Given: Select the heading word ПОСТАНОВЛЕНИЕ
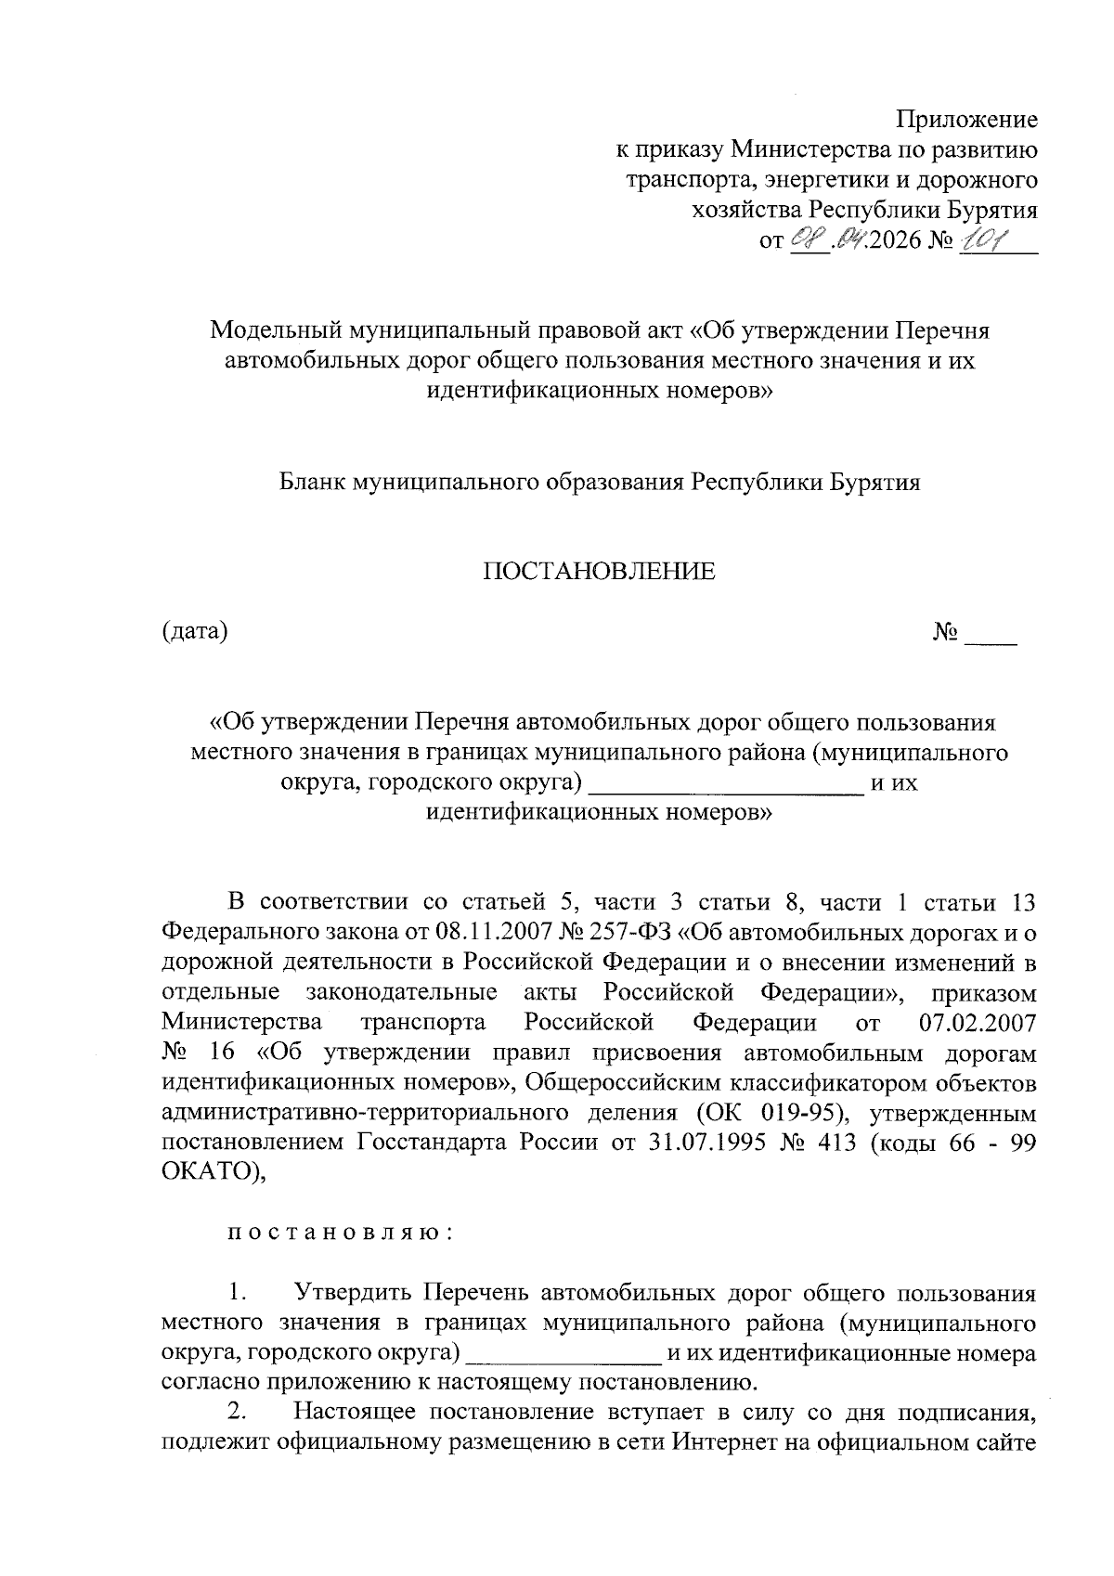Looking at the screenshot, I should click(599, 571).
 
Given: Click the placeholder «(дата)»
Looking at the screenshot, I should click(195, 632).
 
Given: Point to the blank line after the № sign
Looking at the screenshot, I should click(991, 640).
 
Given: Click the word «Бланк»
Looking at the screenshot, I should click(312, 483).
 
